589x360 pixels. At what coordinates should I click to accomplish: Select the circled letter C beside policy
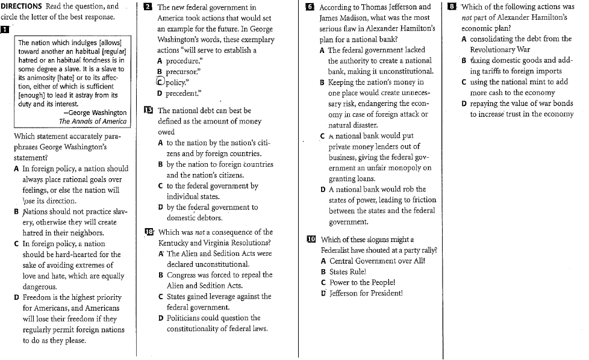coord(160,82)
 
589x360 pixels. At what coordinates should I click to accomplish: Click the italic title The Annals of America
coord(93,121)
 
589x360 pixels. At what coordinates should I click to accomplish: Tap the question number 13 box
coord(149,111)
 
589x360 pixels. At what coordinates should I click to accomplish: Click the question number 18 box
coord(149,232)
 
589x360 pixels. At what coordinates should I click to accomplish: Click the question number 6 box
coord(310,8)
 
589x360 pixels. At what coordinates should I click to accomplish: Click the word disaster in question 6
coord(361,125)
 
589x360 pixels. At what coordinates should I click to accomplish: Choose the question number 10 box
coord(311,240)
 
